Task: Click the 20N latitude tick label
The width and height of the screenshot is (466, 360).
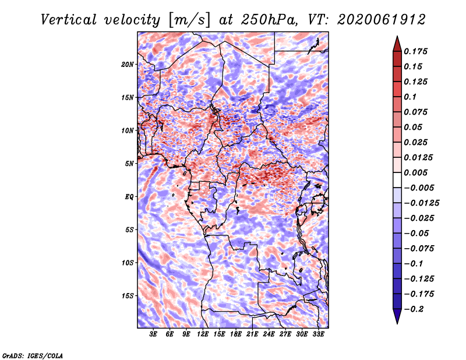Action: [127, 65]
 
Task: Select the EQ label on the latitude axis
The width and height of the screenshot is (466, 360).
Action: [129, 197]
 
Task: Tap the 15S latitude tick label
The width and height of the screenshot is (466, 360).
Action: [127, 296]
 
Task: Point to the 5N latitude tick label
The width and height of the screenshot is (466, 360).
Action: [129, 164]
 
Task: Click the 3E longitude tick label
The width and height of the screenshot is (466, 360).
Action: [153, 334]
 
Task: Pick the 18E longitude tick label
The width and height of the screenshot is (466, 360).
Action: [235, 334]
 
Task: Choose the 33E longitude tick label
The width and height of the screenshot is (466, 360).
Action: [318, 334]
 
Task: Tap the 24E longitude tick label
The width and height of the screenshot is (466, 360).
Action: [269, 334]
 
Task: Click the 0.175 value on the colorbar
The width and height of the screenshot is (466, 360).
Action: [415, 51]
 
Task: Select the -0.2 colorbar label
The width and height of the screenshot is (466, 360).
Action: [414, 309]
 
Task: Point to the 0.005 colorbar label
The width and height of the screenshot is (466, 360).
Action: [415, 172]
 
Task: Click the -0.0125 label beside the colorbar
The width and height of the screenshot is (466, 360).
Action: [421, 203]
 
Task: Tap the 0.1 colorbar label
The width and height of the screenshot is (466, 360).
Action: [410, 97]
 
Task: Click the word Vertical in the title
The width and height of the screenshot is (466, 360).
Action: [69, 20]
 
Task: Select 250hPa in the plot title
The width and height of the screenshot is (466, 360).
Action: [269, 20]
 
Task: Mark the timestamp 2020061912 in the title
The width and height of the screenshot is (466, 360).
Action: [382, 20]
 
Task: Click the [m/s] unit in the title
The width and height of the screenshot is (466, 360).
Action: [189, 20]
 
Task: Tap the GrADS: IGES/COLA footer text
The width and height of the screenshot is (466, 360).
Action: [33, 355]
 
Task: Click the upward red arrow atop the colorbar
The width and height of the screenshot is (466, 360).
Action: [397, 44]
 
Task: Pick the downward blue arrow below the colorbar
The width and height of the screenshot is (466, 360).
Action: [397, 316]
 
